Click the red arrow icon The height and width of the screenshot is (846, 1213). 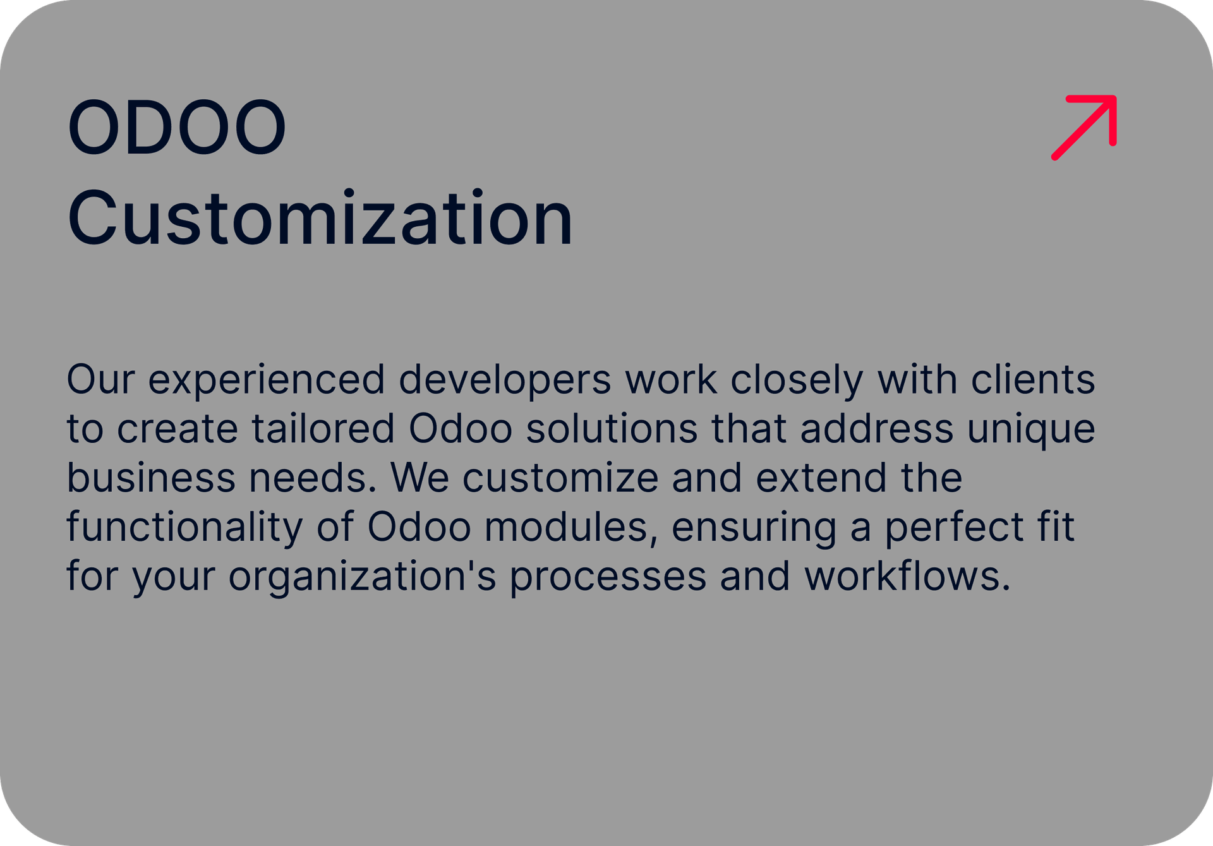click(1083, 128)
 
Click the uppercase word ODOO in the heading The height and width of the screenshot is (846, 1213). click(177, 127)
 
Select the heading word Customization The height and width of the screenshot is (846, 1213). click(320, 217)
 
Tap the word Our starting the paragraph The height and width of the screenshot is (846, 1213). click(100, 380)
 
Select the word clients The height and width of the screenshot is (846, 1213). click(1033, 379)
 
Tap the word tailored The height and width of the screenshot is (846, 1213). click(323, 428)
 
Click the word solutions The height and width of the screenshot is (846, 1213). click(612, 428)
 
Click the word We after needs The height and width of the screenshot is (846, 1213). click(420, 478)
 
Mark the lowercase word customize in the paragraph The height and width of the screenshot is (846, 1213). click(561, 478)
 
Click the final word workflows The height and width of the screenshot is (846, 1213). click(908, 576)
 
